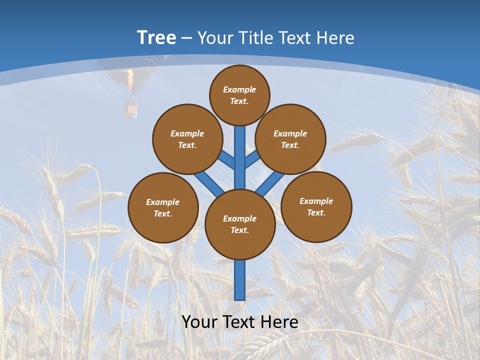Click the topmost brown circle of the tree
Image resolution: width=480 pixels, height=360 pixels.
click(239, 95)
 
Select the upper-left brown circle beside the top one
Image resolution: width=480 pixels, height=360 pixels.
click(187, 139)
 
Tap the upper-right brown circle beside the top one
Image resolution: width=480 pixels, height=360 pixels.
click(290, 139)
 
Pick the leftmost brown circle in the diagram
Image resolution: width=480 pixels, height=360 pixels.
click(163, 207)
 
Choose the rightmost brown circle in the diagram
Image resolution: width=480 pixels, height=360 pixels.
click(316, 206)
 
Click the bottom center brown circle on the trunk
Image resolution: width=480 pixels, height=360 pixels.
click(240, 224)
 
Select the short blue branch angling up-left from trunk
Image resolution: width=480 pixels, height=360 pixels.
click(227, 159)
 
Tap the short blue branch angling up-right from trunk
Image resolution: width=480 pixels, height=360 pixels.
click(252, 159)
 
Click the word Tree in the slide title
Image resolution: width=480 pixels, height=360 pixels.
click(156, 37)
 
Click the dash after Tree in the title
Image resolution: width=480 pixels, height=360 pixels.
click(186, 38)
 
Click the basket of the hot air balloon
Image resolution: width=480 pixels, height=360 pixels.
click(131, 108)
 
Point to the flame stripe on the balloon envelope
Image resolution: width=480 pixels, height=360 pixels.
click(130, 80)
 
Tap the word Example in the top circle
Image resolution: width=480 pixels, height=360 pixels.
click(239, 89)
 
